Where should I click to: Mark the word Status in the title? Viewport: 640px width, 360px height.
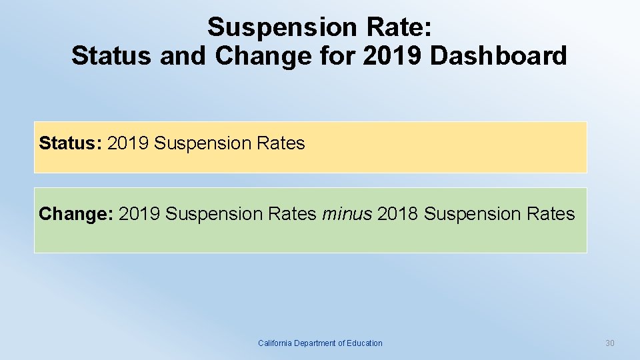[111, 56]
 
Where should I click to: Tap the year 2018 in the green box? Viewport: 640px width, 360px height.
[398, 214]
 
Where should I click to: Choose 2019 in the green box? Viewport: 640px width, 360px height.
[139, 214]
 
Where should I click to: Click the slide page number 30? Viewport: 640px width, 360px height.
[609, 343]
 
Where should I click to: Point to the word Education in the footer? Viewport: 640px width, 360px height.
[365, 343]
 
